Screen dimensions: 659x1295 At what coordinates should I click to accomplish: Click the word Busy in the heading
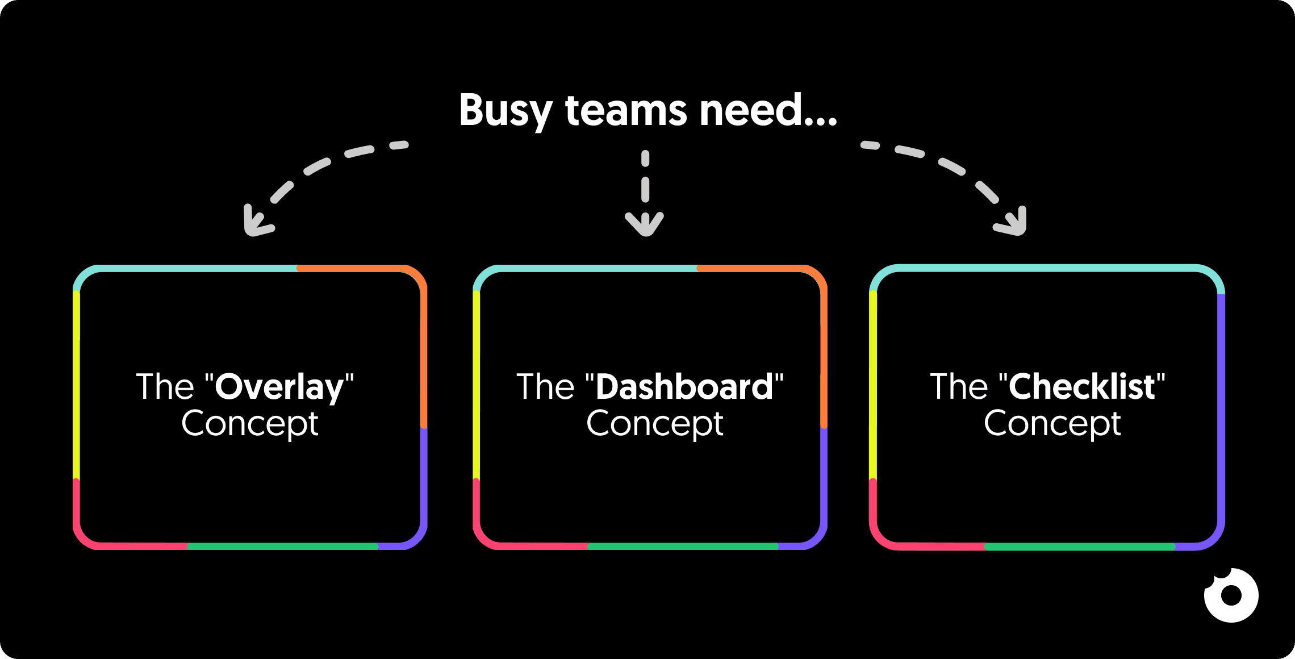click(505, 111)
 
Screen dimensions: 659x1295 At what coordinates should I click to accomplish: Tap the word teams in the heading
click(626, 111)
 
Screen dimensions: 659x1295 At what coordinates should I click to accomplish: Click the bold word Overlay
click(279, 387)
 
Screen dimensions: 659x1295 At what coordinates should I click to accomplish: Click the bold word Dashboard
click(684, 387)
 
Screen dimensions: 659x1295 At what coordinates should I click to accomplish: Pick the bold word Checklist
click(1081, 387)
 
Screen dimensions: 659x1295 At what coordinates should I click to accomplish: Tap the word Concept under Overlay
click(250, 424)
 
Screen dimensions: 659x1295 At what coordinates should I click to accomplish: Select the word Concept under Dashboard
click(655, 424)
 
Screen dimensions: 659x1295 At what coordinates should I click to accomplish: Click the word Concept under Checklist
click(1052, 424)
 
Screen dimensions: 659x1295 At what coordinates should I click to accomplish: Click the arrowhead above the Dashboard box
click(644, 225)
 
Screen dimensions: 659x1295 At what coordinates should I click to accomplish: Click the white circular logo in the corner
click(1231, 595)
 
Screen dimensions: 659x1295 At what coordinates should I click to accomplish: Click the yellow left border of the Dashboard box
click(476, 386)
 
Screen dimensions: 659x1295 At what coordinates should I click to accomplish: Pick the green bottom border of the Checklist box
click(1079, 547)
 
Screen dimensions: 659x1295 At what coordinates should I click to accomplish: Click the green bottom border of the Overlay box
click(282, 546)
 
